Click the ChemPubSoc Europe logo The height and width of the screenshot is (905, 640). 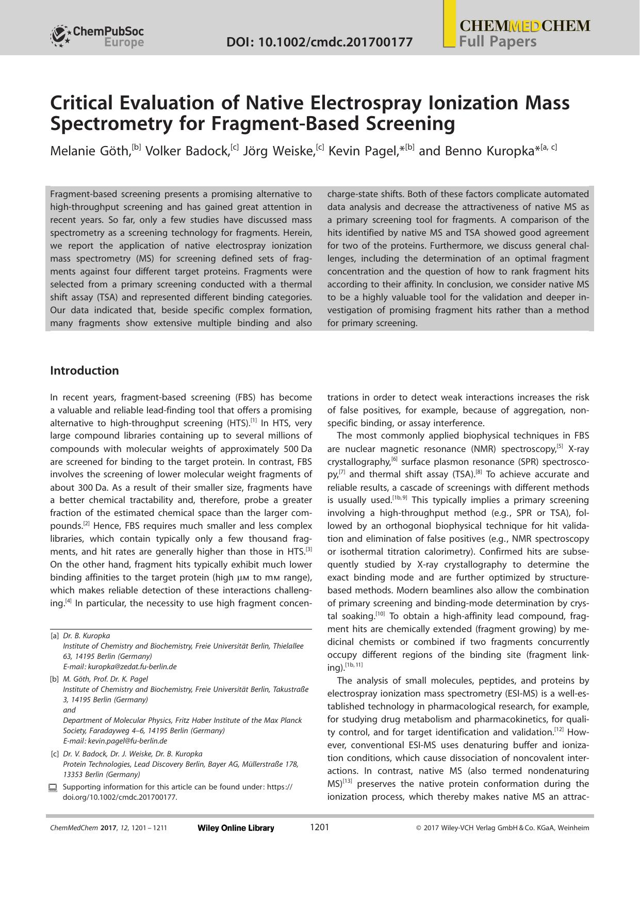(97, 37)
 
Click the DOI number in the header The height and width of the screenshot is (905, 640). (319, 42)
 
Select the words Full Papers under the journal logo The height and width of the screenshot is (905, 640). (498, 42)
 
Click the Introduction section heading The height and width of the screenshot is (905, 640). (84, 370)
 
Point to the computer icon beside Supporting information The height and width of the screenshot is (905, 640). (53, 787)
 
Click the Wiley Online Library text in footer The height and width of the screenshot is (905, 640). (236, 828)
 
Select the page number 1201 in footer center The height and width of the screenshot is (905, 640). (319, 828)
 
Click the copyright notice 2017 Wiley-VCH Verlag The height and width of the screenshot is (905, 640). (502, 828)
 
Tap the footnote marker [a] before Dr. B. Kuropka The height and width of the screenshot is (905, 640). (54, 636)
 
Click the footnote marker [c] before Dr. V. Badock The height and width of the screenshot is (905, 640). (54, 754)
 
